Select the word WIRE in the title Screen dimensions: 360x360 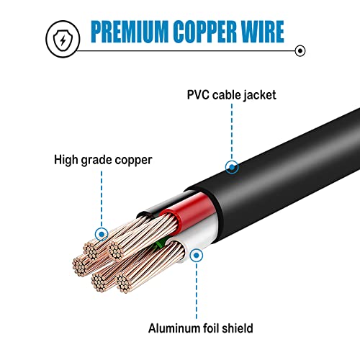[x=260, y=32]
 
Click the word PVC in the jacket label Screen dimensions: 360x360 [x=199, y=93]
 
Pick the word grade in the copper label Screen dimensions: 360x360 [x=104, y=160]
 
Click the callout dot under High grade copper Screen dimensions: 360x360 [x=102, y=234]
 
